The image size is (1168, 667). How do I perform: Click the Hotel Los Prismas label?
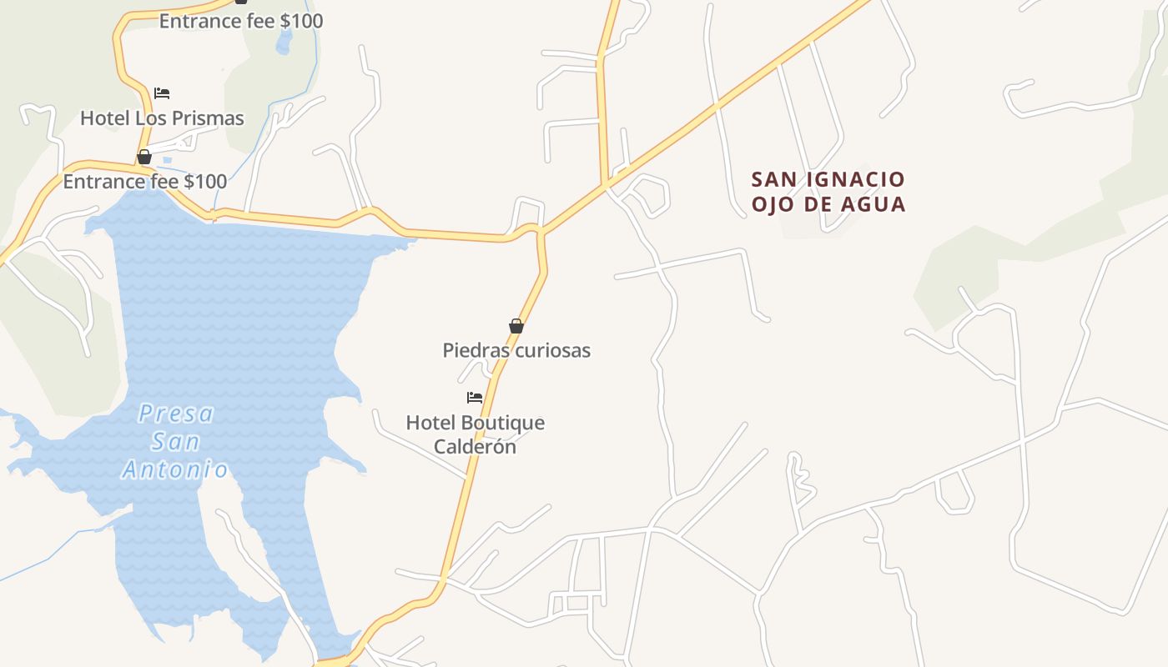click(x=162, y=118)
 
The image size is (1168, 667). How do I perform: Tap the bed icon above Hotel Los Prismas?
click(x=162, y=93)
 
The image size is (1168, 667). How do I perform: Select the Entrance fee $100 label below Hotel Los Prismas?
click(x=145, y=181)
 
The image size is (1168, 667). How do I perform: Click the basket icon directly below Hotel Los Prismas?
click(x=144, y=157)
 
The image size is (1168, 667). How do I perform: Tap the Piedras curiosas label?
click(x=516, y=350)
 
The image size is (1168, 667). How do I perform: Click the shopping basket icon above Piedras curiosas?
click(x=516, y=326)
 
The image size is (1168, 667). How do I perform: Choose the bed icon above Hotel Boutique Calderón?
click(x=475, y=398)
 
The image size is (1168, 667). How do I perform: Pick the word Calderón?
click(x=475, y=446)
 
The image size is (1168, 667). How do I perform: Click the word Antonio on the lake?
click(x=175, y=470)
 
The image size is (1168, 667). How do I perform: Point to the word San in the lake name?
click(x=175, y=442)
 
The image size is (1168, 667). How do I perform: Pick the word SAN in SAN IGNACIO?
click(x=772, y=180)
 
